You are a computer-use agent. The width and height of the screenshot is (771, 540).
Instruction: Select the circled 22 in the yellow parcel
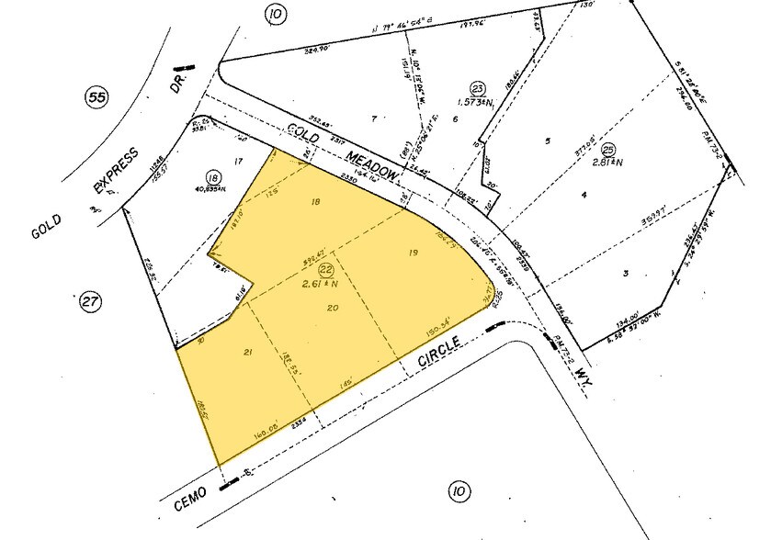coord(325,270)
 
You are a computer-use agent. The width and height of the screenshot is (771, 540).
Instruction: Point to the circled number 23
coord(477,88)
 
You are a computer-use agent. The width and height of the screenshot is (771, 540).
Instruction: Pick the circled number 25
coord(607,150)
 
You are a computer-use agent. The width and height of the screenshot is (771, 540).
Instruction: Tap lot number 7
coord(375,118)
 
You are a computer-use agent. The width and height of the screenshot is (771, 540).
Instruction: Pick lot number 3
coord(625,274)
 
